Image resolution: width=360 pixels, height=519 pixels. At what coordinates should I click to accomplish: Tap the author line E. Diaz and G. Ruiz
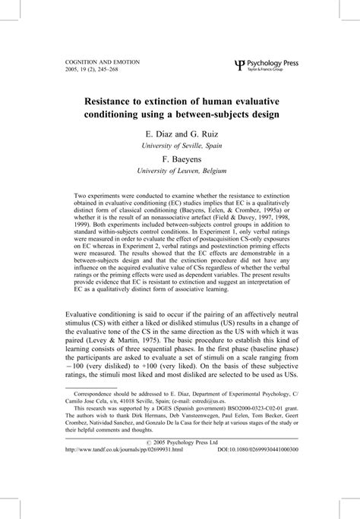pos(180,134)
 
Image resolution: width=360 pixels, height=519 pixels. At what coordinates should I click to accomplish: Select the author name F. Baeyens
pos(180,160)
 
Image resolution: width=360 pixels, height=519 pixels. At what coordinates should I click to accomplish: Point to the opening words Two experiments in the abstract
pos(103,195)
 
